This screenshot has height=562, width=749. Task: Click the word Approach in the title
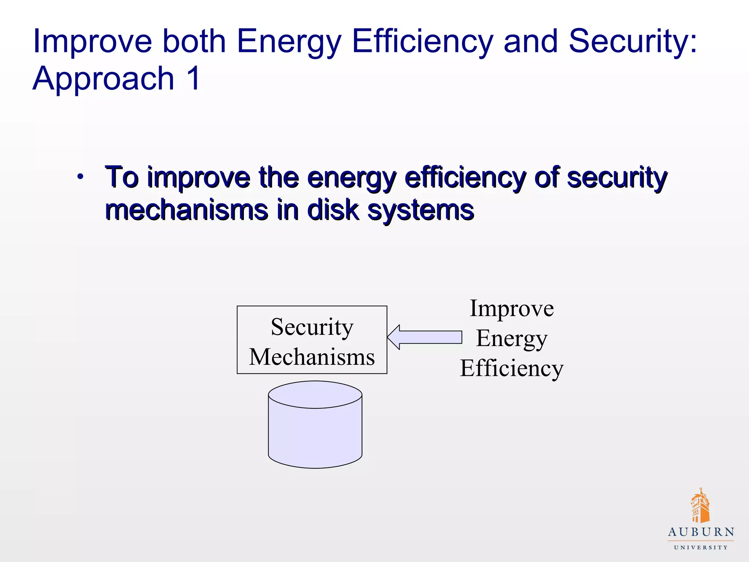tap(103, 79)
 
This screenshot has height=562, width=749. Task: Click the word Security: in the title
tap(632, 41)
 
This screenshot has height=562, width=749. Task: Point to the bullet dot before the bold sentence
tap(80, 177)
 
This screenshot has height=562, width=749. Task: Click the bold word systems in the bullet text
tap(421, 211)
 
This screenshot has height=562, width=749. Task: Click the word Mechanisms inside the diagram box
tap(312, 357)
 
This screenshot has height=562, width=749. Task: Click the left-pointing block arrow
tap(424, 337)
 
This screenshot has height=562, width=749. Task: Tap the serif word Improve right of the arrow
tap(512, 308)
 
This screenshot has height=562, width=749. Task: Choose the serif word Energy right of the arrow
tap(512, 338)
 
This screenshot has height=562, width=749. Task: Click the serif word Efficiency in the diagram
tap(512, 368)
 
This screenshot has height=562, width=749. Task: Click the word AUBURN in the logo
tap(701, 532)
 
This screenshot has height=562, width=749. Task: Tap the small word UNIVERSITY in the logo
tap(701, 547)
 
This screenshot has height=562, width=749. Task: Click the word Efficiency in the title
tap(422, 41)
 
